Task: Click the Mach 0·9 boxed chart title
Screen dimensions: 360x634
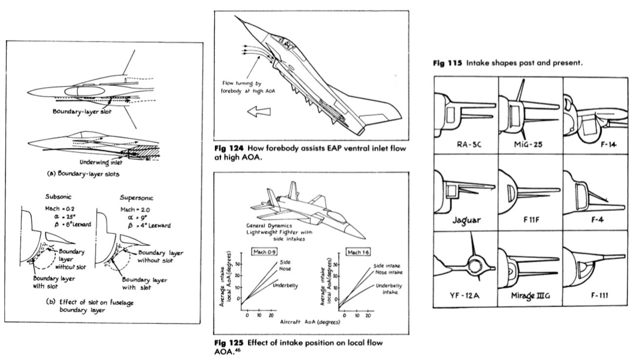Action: pyautogui.click(x=264, y=252)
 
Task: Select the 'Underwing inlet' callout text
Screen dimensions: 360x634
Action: pyautogui.click(x=102, y=162)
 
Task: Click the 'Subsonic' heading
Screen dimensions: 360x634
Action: pyautogui.click(x=59, y=197)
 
